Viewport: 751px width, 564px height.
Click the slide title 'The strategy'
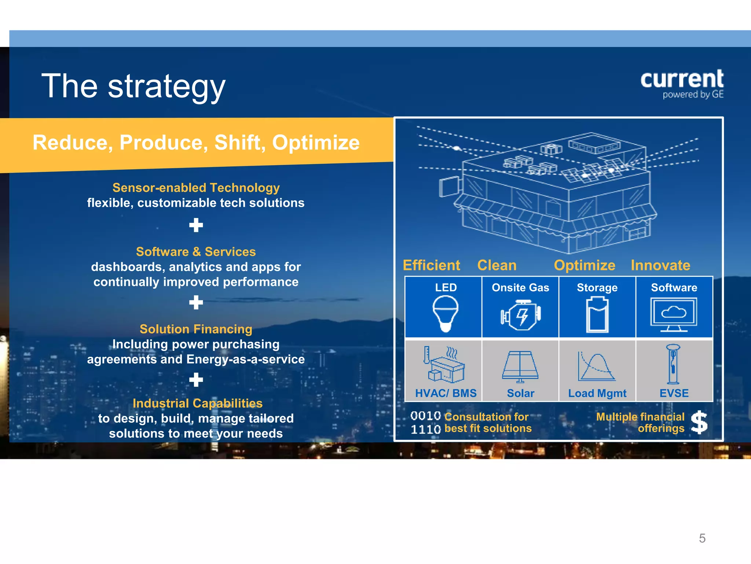(x=133, y=86)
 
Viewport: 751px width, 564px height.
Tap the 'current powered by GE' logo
(x=682, y=84)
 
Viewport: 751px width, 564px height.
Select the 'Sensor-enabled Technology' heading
(x=196, y=188)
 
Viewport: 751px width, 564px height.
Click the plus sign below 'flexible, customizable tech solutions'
(x=196, y=225)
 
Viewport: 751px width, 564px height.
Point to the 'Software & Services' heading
(x=196, y=252)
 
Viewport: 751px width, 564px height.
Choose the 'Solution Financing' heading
(x=196, y=329)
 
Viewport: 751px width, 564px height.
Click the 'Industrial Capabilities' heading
(x=197, y=403)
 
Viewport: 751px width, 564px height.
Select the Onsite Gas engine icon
(x=520, y=315)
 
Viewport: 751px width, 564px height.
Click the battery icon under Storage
(x=597, y=315)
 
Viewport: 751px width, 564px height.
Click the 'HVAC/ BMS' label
(x=446, y=393)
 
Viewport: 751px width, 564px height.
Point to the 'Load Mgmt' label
(x=597, y=393)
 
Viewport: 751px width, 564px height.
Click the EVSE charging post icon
(x=673, y=364)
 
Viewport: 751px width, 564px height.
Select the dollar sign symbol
(x=699, y=422)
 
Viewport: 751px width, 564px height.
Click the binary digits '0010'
(x=425, y=416)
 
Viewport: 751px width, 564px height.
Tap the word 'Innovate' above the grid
(x=660, y=265)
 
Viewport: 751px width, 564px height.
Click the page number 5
(x=702, y=538)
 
